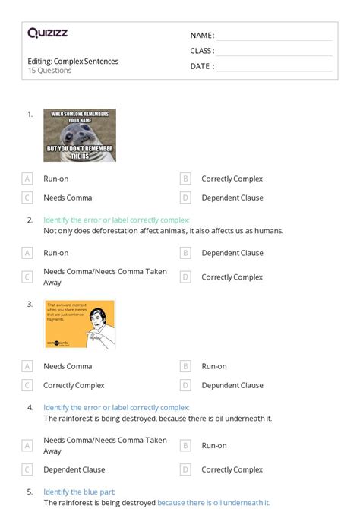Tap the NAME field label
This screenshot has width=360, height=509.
point(201,36)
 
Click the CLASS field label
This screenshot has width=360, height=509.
point(202,51)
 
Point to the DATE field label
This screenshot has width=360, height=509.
point(201,66)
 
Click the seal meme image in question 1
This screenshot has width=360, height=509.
point(80,135)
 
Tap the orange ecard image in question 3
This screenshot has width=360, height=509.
point(79,324)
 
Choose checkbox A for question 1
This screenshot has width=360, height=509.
point(27,179)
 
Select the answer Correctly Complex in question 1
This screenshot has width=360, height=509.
point(232,179)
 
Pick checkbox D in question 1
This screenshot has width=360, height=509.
point(185,198)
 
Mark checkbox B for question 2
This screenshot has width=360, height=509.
point(185,253)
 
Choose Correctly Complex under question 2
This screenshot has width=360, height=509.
point(232,277)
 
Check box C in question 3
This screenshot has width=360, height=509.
point(27,385)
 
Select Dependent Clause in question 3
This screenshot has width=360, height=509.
point(232,385)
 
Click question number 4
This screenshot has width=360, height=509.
point(30,407)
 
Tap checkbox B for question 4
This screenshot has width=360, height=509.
point(185,445)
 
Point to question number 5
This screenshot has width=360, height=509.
point(30,492)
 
